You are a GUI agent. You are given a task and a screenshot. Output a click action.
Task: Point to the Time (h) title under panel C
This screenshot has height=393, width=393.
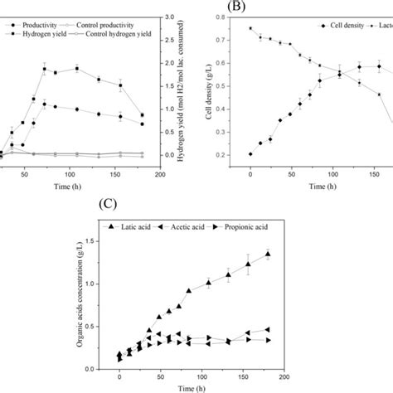pos(201,387)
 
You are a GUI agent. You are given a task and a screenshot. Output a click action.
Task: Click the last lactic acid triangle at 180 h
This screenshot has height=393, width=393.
pos(267,255)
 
